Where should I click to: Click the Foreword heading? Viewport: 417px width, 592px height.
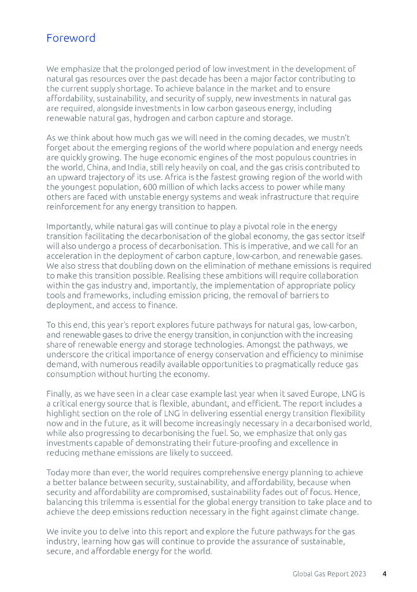71,39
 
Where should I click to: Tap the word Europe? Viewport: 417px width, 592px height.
329,394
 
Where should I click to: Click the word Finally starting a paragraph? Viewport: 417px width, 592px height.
60,394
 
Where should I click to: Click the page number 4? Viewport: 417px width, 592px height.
385,574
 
